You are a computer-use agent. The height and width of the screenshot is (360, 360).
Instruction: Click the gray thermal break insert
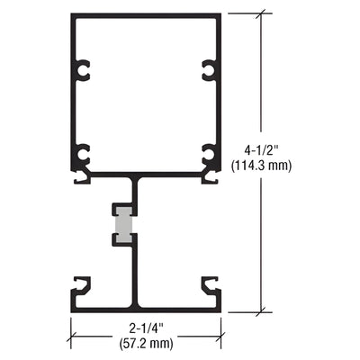pos(127,225)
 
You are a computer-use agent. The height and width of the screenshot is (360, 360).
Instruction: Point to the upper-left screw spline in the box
pos(84,68)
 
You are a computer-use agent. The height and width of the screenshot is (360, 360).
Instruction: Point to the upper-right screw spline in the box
pos(210,68)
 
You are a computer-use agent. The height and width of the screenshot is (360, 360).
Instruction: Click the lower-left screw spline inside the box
pos(84,154)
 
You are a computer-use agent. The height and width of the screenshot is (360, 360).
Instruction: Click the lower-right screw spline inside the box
pos(210,154)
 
